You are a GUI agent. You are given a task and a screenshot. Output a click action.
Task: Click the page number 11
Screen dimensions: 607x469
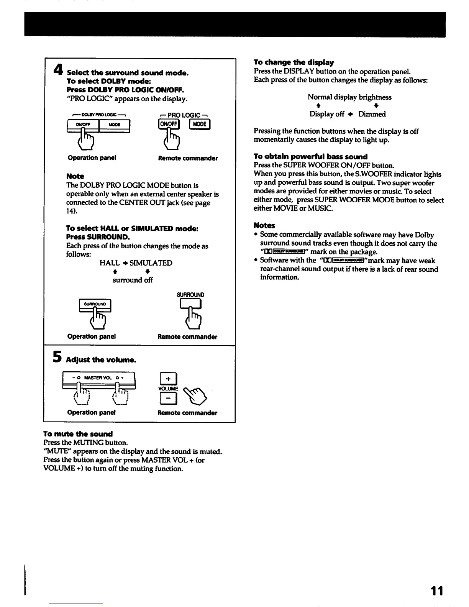pos(436,591)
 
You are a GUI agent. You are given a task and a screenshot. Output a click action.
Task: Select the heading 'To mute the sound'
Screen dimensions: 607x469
pos(78,434)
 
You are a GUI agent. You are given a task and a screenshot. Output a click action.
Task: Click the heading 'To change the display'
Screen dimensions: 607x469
pos(294,62)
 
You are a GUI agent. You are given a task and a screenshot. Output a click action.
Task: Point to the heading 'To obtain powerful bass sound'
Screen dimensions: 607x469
pos(310,156)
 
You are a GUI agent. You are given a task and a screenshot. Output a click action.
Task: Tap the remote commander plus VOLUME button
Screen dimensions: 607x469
pos(168,379)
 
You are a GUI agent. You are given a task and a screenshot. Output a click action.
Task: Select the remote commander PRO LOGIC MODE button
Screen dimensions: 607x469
pos(200,124)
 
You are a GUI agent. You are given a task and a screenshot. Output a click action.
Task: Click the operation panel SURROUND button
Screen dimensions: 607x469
pos(95,305)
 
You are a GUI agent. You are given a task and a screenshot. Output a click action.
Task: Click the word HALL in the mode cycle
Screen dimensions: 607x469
pos(109,263)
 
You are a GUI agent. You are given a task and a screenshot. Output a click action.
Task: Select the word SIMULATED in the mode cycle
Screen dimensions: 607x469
pos(151,263)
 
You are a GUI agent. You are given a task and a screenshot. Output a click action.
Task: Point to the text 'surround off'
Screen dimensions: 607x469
pos(133,280)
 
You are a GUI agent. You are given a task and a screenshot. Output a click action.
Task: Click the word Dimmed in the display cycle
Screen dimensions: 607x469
pos(372,114)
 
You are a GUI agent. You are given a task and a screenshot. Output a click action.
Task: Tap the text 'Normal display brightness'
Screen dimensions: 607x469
pos(349,97)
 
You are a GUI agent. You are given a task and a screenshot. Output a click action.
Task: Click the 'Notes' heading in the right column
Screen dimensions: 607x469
pos(264,225)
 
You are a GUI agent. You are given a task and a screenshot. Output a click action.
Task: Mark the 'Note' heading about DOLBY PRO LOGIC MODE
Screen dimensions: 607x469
pos(75,176)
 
